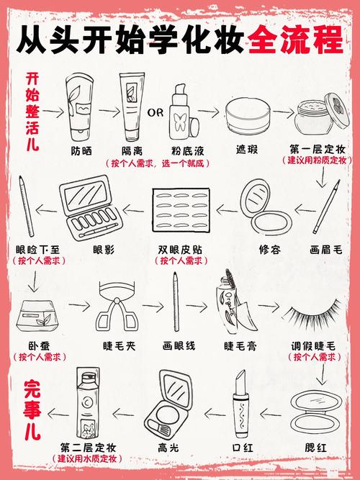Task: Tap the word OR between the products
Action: [156, 113]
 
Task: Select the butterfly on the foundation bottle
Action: [180, 122]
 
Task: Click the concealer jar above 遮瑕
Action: [248, 116]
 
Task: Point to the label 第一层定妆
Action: [318, 150]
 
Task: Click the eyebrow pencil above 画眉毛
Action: [327, 207]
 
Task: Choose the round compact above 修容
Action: [266, 207]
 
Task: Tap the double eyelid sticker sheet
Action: [181, 210]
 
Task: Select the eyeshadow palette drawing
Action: [91, 207]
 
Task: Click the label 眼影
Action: [104, 250]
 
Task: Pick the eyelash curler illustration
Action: [117, 307]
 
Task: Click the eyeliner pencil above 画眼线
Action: [176, 302]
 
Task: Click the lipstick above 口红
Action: [241, 404]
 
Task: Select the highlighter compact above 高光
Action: [168, 404]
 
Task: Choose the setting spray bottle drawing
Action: [88, 403]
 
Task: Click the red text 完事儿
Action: [32, 410]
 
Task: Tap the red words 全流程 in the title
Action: [295, 40]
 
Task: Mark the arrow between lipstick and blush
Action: [270, 415]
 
